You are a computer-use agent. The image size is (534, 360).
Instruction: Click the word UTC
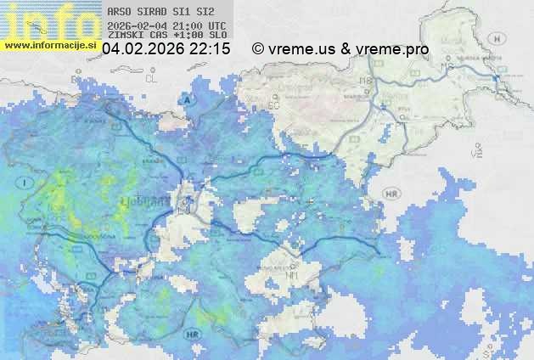[216, 25]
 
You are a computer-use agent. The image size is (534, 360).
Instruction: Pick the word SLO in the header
[216, 36]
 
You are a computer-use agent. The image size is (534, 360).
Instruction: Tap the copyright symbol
[258, 49]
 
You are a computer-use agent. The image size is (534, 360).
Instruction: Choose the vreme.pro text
[390, 49]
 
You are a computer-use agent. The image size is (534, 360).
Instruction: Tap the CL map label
[152, 77]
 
